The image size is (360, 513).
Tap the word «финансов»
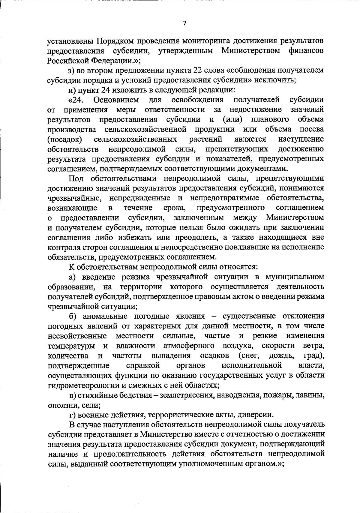306,51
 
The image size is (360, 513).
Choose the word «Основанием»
116,100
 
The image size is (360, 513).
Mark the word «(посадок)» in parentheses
65,139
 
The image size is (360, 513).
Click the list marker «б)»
73,316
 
